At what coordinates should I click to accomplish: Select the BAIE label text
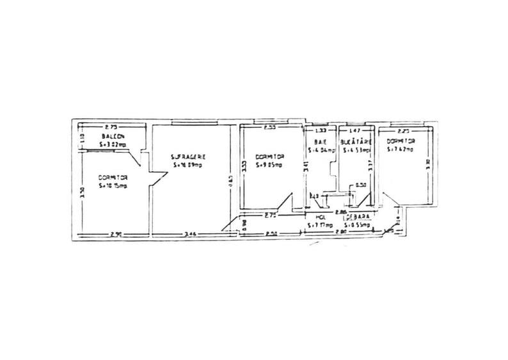tap(317, 142)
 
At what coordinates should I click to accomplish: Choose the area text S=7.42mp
tap(400, 150)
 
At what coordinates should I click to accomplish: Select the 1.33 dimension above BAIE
tap(321, 130)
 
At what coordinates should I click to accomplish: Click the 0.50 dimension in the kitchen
tap(360, 185)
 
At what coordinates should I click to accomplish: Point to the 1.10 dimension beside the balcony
tap(81, 137)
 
